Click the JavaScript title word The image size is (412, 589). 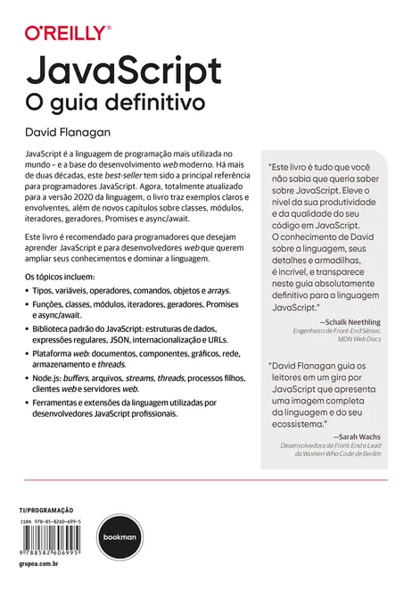tap(124, 71)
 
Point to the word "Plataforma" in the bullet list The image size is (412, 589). tap(56, 353)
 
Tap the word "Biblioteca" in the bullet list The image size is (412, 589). tap(55, 328)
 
